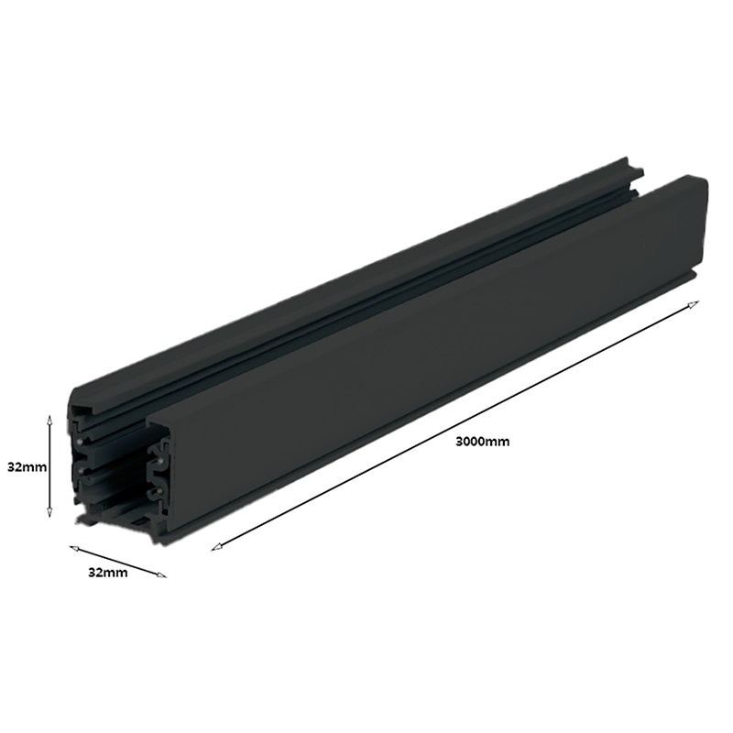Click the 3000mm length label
(x=482, y=441)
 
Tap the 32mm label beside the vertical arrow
(x=26, y=466)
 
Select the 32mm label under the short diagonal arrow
(x=107, y=573)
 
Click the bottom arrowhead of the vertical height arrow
(x=51, y=517)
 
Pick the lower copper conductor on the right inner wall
(x=159, y=492)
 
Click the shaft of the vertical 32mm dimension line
(x=51, y=467)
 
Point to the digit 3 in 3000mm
(x=459, y=441)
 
